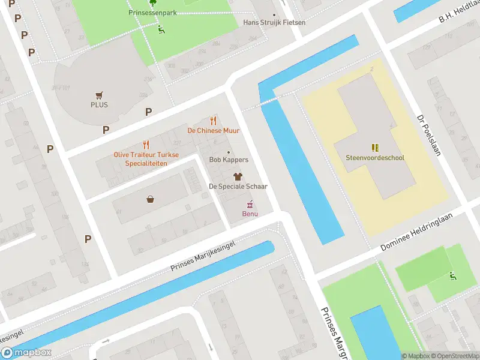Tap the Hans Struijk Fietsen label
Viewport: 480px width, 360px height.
point(274,23)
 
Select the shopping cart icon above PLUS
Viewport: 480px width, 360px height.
point(99,95)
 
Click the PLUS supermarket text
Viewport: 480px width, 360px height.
point(99,104)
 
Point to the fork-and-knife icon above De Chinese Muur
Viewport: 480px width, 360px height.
point(212,121)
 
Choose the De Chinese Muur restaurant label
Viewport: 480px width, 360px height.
point(213,130)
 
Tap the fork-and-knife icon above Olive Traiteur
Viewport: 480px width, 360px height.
point(146,145)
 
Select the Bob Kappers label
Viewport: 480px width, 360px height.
point(228,160)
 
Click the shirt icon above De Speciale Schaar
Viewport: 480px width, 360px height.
point(238,176)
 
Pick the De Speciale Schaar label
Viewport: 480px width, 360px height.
point(238,186)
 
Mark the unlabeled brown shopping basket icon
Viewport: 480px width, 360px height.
point(149,199)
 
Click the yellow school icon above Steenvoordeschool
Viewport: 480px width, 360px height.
point(375,148)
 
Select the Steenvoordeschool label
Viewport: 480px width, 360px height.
point(375,158)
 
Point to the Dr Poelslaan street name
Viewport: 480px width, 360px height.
point(429,136)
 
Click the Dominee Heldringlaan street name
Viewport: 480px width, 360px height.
point(424,231)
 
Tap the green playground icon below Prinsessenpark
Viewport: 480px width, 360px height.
point(161,30)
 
